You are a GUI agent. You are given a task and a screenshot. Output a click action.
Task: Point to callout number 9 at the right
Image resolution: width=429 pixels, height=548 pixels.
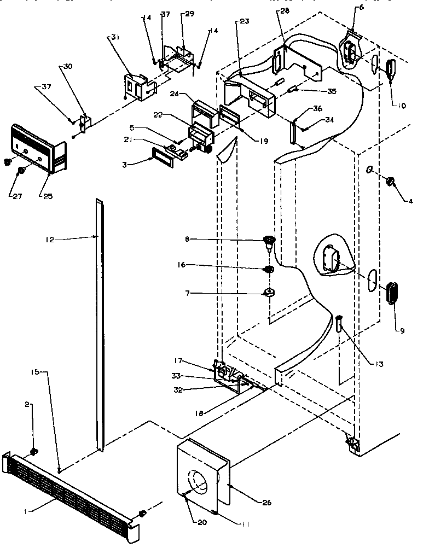coord(402,330)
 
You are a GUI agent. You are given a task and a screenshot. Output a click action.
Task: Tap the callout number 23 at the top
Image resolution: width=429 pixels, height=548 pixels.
coord(243,22)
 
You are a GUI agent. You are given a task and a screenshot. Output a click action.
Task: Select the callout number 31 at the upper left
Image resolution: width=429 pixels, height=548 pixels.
coord(114,37)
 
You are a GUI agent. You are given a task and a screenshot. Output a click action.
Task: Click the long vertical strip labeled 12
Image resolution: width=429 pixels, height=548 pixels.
coord(100,328)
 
